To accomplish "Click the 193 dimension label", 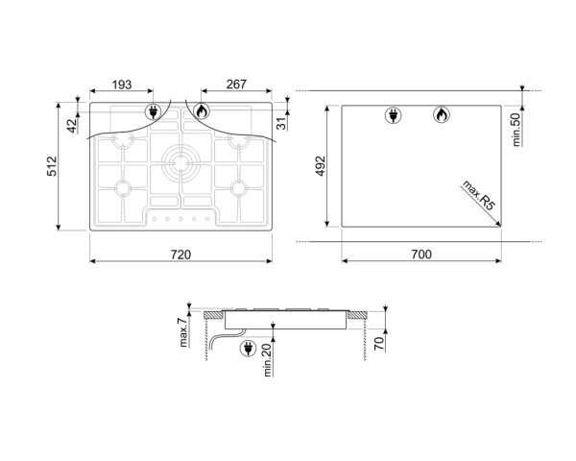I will pos(122,85).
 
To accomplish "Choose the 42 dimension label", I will pos(71,122).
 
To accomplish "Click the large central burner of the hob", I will pos(180,161).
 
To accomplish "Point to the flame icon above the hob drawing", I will pos(201,111).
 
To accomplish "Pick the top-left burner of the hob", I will pos(123,141).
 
